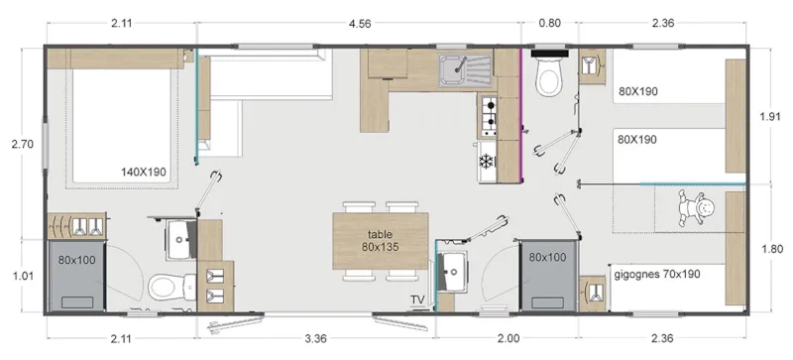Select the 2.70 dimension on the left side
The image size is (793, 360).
pos(22,144)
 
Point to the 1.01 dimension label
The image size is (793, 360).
pos(22,276)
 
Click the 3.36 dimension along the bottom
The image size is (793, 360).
pos(316,338)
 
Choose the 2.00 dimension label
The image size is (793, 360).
pos(508,338)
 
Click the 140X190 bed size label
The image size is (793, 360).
pos(144,172)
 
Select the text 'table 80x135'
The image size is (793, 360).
pos(381,240)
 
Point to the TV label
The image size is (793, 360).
pos(418,300)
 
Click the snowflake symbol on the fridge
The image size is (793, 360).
pos(486,161)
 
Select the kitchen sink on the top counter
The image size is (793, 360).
pos(464,68)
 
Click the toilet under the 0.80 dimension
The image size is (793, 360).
pos(548,78)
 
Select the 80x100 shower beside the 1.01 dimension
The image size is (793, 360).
pos(75,275)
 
